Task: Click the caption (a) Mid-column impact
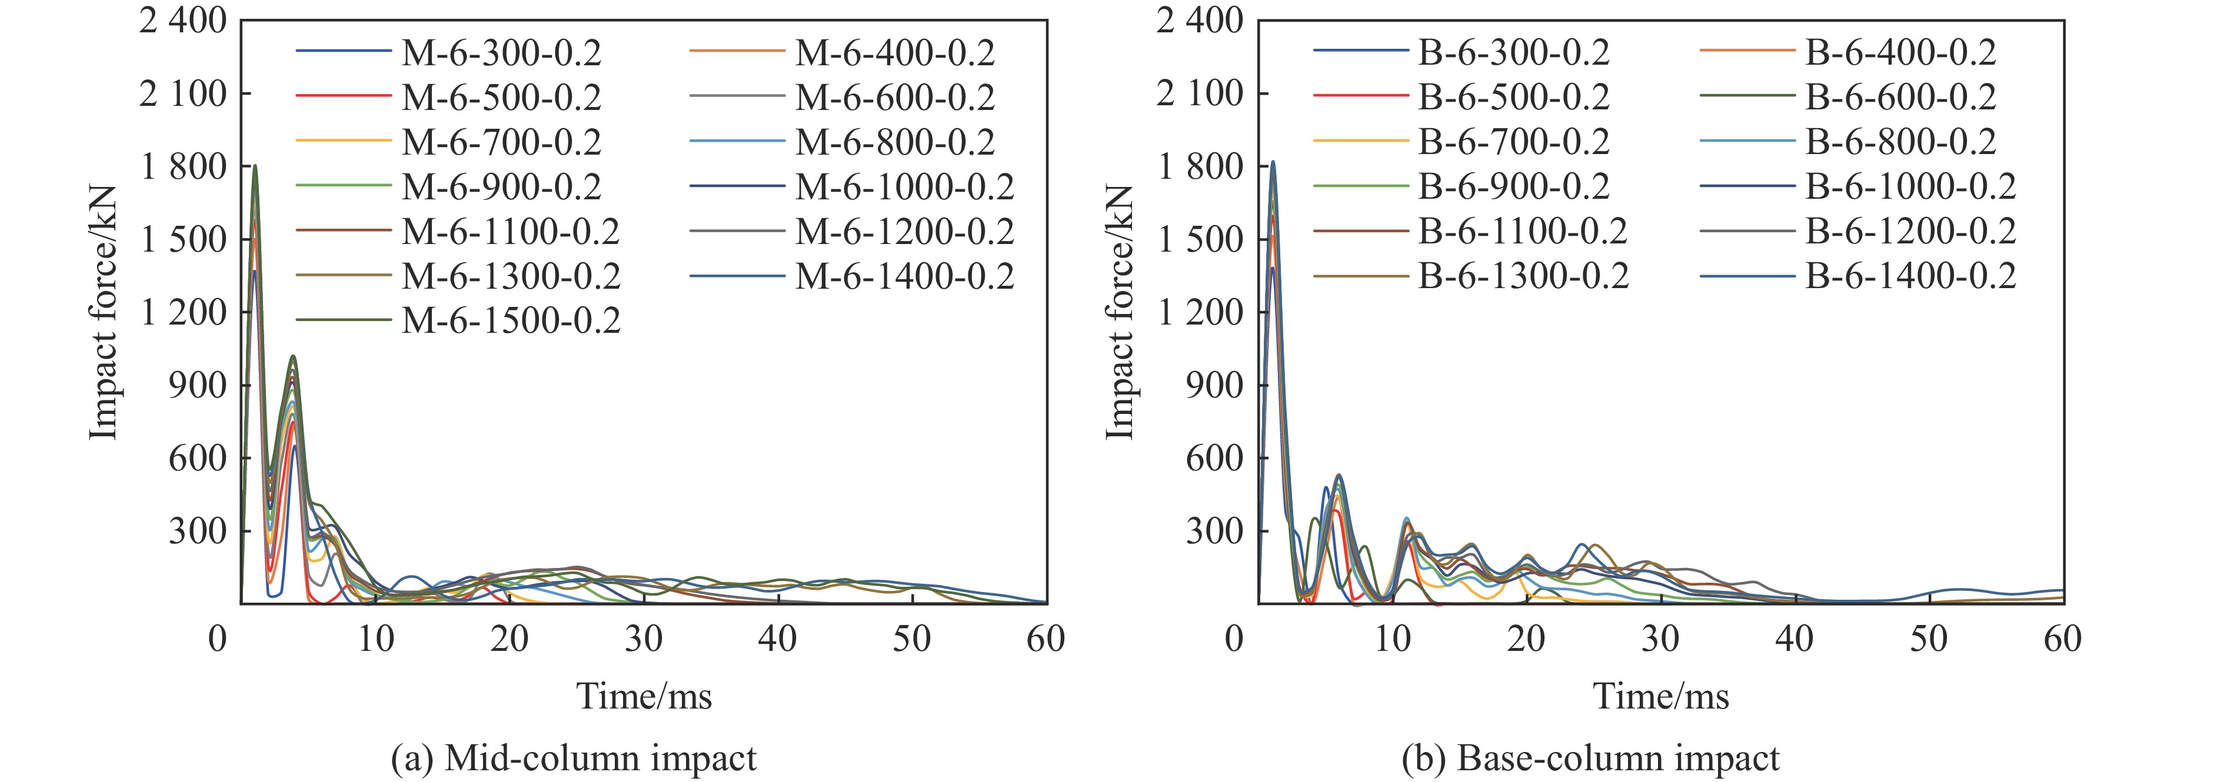573,758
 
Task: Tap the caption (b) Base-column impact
1590,758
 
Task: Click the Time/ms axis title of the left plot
644,696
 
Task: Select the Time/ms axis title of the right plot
1661,696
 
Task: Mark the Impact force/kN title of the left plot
103,312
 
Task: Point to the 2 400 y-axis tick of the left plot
182,21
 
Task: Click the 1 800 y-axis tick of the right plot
1199,166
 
